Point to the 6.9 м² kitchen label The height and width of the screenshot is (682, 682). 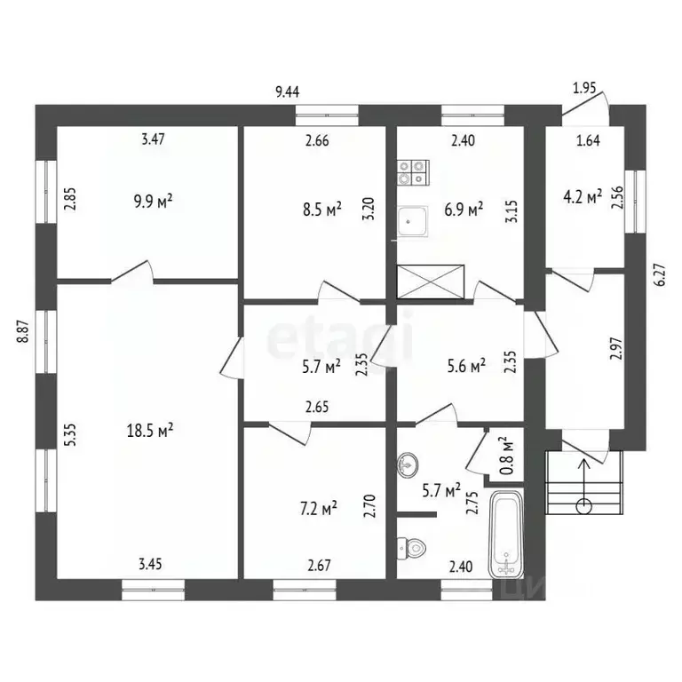coord(463,210)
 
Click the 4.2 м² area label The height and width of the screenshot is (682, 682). coord(583,195)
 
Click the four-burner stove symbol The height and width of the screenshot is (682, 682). coord(413,172)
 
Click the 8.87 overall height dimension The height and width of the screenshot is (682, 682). coord(23,332)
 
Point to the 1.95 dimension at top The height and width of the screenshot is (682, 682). coord(583,89)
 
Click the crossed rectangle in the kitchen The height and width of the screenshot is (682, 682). coord(431,281)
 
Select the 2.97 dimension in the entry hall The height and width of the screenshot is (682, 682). coord(615,345)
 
